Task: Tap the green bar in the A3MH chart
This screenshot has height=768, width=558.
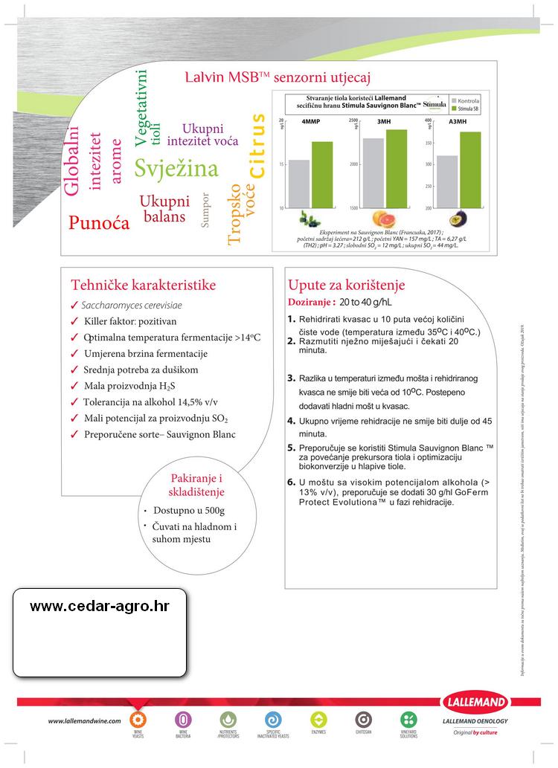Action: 470,170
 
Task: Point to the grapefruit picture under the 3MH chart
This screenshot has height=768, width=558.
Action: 385,219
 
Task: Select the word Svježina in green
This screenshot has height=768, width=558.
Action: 176,169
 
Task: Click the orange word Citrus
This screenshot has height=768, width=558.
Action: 257,146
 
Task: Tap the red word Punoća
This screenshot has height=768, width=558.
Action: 99,222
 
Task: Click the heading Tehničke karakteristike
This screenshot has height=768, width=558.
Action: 143,285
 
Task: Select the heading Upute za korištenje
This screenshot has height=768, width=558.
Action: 347,285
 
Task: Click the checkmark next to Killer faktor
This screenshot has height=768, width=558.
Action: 74,322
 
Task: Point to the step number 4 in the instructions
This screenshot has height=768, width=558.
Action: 292,421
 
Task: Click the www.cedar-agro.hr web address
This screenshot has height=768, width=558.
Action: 100,606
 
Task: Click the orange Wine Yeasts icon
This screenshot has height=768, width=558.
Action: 138,720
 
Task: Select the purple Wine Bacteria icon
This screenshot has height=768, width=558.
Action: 182,720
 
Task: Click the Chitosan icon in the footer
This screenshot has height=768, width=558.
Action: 363,720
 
